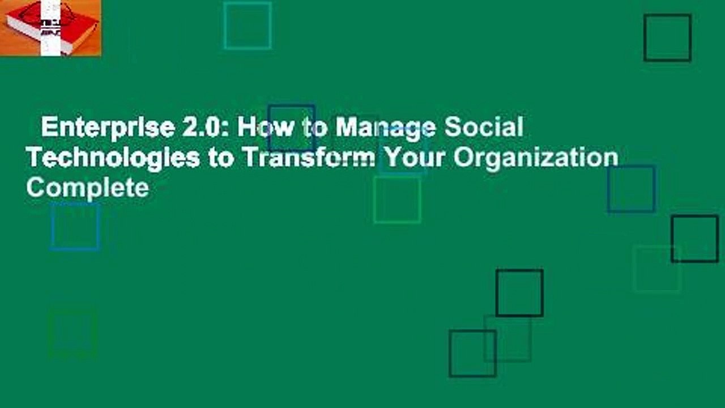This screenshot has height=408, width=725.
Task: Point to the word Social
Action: pyautogui.click(x=483, y=128)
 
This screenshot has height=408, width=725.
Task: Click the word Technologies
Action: pyautogui.click(x=113, y=158)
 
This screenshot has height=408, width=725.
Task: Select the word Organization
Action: pyautogui.click(x=536, y=158)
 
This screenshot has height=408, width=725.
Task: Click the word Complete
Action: pyautogui.click(x=88, y=187)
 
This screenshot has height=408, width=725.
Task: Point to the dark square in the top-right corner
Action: pyautogui.click(x=667, y=38)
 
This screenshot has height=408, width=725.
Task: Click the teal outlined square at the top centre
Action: pyautogui.click(x=248, y=25)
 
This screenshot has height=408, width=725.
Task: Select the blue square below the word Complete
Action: pyautogui.click(x=75, y=227)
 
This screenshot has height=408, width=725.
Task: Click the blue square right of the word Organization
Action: pyautogui.click(x=632, y=189)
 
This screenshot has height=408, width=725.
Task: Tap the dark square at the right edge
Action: pyautogui.click(x=694, y=239)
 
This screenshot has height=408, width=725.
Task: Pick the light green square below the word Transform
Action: pyautogui.click(x=397, y=199)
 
